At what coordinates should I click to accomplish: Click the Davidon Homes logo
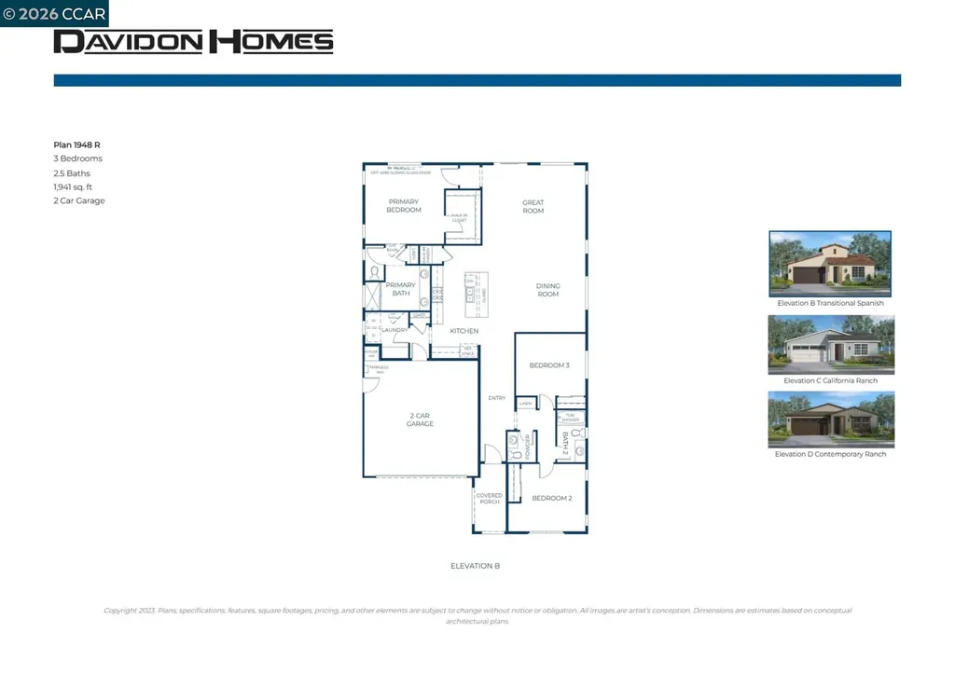pyautogui.click(x=193, y=41)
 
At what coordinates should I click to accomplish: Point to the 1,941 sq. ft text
pyautogui.click(x=73, y=186)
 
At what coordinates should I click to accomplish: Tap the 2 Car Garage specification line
pyautogui.click(x=79, y=200)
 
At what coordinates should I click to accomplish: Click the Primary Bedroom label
pyautogui.click(x=404, y=206)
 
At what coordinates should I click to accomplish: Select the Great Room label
pyautogui.click(x=533, y=207)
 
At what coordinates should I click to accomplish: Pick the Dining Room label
pyautogui.click(x=547, y=290)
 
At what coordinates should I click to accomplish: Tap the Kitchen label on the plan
pyautogui.click(x=464, y=331)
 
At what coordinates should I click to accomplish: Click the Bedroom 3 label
pyautogui.click(x=549, y=365)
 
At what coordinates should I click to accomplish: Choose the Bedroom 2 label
pyautogui.click(x=552, y=498)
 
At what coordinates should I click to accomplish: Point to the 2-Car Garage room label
pyautogui.click(x=420, y=420)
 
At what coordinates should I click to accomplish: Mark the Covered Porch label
pyautogui.click(x=489, y=499)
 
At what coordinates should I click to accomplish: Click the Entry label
pyautogui.click(x=497, y=398)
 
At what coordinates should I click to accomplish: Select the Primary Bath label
pyautogui.click(x=400, y=289)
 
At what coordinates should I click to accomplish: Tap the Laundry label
pyautogui.click(x=395, y=330)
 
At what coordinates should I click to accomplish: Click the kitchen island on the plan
pyautogui.click(x=477, y=292)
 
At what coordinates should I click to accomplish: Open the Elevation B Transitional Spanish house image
pyautogui.click(x=830, y=264)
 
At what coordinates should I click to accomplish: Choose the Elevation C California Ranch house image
pyautogui.click(x=830, y=344)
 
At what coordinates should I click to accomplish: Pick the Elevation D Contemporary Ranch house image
pyautogui.click(x=830, y=419)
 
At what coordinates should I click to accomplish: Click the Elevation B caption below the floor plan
pyautogui.click(x=476, y=566)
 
